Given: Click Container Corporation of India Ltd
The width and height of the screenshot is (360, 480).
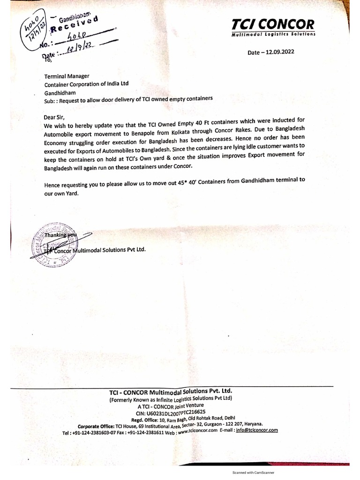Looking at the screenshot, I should (86, 84).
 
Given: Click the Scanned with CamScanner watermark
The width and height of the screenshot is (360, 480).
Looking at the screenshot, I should (254, 473).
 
